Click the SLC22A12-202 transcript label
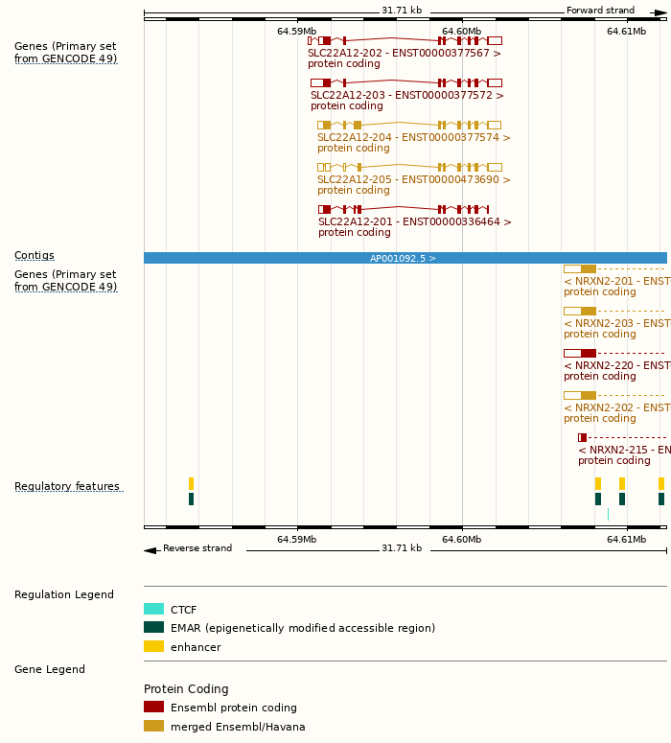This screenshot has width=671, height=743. click(x=404, y=54)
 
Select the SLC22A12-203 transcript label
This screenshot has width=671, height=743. click(x=406, y=96)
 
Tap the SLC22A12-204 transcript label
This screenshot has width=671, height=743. click(x=413, y=138)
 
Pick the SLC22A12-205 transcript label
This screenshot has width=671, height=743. click(x=413, y=180)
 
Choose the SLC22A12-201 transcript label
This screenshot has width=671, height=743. click(x=414, y=222)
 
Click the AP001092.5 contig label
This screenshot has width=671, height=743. click(x=403, y=259)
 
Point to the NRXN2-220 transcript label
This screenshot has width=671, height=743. click(x=616, y=366)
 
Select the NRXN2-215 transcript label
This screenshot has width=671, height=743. click(x=623, y=451)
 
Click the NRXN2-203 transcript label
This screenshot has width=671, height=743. click(x=616, y=324)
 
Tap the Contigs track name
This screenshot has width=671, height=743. click(x=35, y=256)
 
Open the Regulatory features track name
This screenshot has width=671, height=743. click(x=67, y=487)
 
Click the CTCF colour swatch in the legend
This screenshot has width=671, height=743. click(x=153, y=609)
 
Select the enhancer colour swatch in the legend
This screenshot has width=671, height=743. click(x=153, y=647)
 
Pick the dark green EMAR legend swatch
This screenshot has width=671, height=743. click(x=153, y=628)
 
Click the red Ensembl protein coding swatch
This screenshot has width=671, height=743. click(x=153, y=708)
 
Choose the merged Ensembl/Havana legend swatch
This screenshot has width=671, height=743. click(x=153, y=727)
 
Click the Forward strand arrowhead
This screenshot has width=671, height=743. click(x=660, y=12)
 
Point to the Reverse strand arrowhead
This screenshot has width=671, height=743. click(x=150, y=550)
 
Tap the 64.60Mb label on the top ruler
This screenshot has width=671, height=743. click(x=461, y=32)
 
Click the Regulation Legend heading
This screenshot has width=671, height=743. click(x=64, y=595)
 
